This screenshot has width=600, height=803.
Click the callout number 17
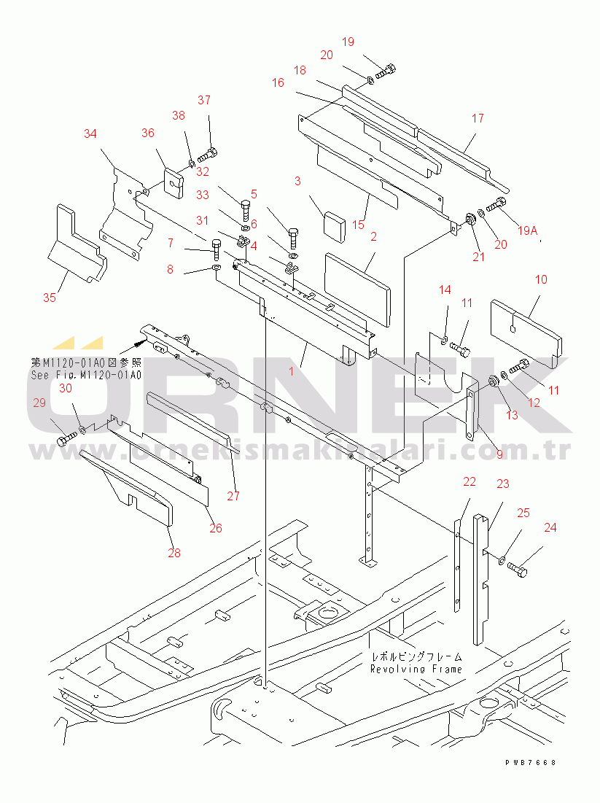(478, 118)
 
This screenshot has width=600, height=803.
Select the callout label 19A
(527, 231)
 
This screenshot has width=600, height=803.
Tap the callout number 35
(49, 298)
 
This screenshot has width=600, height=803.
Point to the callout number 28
(174, 553)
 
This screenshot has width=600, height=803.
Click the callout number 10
(541, 279)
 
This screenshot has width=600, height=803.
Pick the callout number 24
(550, 527)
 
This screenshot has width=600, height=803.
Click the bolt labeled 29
(66, 441)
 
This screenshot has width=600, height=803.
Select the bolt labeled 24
(518, 566)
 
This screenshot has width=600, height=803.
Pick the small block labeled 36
(172, 182)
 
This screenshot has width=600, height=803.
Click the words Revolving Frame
(416, 669)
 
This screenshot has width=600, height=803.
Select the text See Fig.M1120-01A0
(86, 375)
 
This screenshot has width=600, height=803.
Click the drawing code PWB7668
(530, 762)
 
